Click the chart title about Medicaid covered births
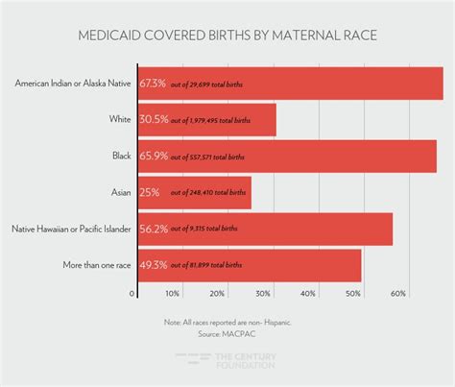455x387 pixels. pos(227,37)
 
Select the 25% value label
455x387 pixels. pos(151,192)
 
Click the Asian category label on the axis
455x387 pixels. pos(121,192)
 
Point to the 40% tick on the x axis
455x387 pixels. pos(309,294)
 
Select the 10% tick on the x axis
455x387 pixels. pos(173,294)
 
